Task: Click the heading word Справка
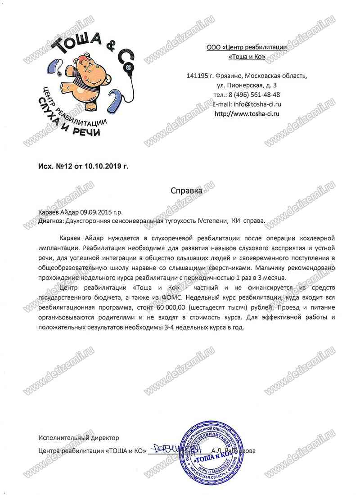pyautogui.click(x=186, y=190)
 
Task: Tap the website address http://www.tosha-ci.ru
pyautogui.click(x=247, y=113)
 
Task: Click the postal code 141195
pyautogui.click(x=196, y=75)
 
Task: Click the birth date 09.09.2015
pyautogui.click(x=96, y=212)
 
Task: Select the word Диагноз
pyautogui.click(x=51, y=221)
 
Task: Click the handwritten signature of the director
pyautogui.click(x=169, y=449)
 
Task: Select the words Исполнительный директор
pyautogui.click(x=79, y=437)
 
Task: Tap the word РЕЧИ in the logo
pyautogui.click(x=86, y=131)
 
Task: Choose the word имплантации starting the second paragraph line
pyautogui.click(x=60, y=247)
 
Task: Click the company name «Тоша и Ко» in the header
pyautogui.click(x=247, y=57)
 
